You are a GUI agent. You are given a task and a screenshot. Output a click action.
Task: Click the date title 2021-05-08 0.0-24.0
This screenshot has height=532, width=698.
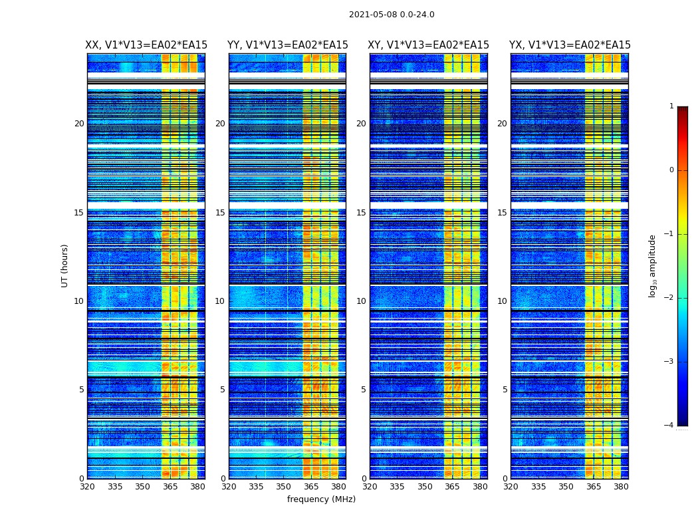tap(392, 15)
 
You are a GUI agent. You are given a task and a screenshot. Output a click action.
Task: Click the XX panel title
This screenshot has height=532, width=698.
tap(146, 45)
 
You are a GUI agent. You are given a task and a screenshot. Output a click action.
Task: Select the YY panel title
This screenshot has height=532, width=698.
tap(287, 45)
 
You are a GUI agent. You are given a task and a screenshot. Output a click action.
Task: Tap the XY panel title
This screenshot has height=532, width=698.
tap(428, 45)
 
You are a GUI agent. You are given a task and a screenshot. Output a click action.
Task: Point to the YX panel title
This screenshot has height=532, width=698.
tap(570, 45)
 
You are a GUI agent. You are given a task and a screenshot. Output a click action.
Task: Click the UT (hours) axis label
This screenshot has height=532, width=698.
tap(65, 265)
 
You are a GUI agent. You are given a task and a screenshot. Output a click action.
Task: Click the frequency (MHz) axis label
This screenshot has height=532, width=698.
tap(321, 499)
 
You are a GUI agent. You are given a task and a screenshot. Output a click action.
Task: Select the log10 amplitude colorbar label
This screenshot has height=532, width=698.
tap(653, 265)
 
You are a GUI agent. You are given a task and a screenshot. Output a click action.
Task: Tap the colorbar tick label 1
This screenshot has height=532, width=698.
tap(671, 106)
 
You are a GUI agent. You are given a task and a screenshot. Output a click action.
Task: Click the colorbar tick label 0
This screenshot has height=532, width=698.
tap(671, 170)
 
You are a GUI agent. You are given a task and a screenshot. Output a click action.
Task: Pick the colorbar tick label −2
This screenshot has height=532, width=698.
tap(670, 298)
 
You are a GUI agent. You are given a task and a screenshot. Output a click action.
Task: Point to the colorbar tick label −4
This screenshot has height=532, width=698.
tap(670, 426)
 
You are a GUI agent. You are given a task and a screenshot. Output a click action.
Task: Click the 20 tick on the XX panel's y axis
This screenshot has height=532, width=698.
tap(79, 124)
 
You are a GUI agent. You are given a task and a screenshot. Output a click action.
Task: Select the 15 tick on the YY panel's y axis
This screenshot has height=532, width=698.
tap(220, 213)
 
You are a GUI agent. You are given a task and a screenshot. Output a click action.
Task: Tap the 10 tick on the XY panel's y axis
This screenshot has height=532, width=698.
tap(361, 301)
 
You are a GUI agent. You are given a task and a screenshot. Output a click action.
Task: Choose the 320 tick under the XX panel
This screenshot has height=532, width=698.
tap(87, 487)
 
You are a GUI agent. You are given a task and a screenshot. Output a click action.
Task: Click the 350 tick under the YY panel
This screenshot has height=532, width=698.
tap(283, 487)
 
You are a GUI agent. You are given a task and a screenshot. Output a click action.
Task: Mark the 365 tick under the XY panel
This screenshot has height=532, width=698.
tap(452, 487)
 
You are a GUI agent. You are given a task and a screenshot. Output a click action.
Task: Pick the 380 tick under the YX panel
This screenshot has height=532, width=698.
tap(621, 487)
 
